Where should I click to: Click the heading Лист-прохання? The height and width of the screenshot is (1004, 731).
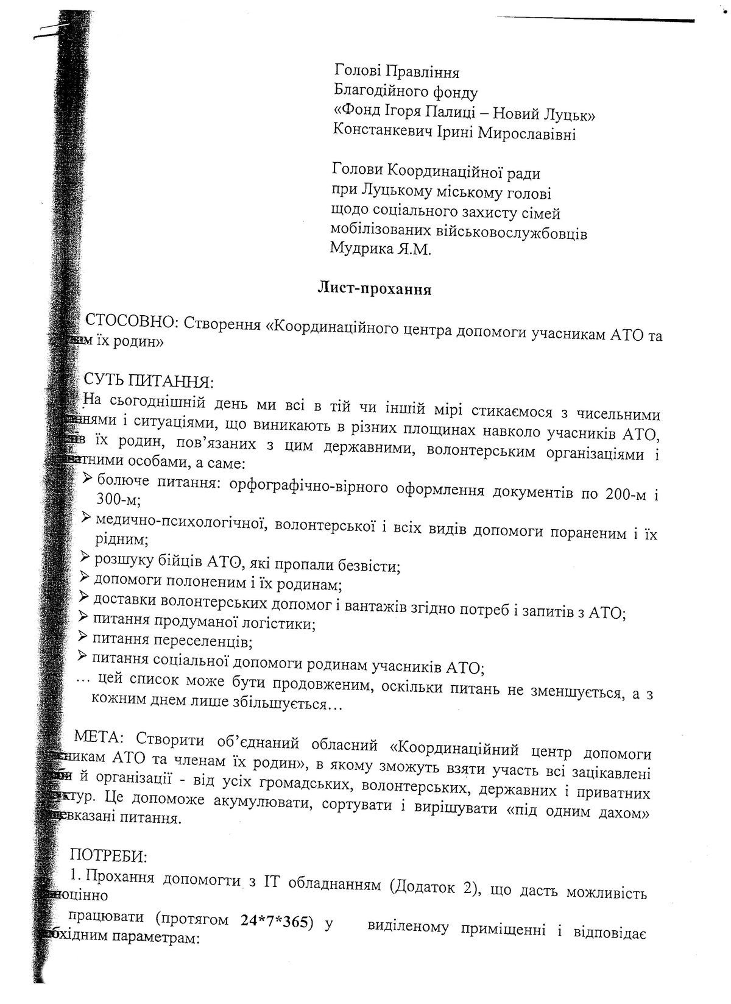374,289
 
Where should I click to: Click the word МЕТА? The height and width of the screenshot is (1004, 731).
98,738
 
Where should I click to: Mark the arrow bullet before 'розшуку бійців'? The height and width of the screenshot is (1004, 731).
85,557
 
